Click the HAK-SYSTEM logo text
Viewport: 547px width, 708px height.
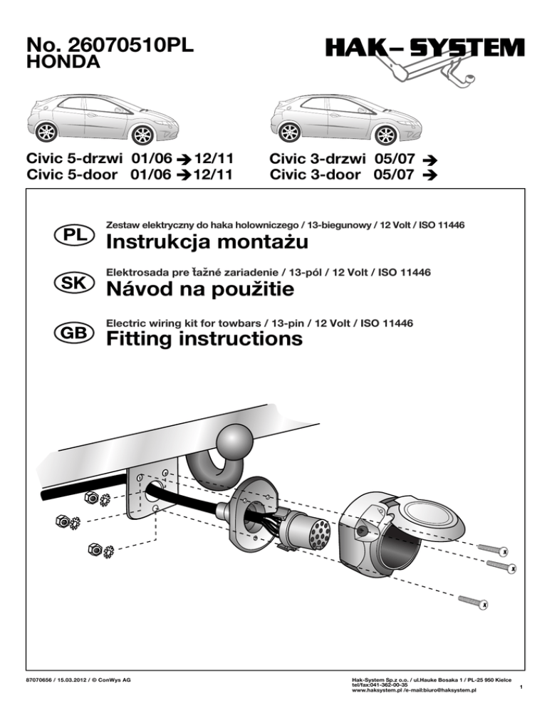(x=425, y=48)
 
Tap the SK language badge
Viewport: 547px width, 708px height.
(x=71, y=283)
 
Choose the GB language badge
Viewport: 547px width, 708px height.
(x=71, y=331)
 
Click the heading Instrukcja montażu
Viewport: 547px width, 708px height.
(x=207, y=244)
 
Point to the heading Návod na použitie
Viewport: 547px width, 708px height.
(x=199, y=291)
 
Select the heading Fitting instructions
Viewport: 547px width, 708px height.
(x=204, y=339)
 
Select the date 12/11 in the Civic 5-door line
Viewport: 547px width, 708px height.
(x=214, y=174)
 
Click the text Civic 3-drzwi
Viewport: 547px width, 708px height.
(x=317, y=158)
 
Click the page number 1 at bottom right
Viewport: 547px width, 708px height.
(x=522, y=687)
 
